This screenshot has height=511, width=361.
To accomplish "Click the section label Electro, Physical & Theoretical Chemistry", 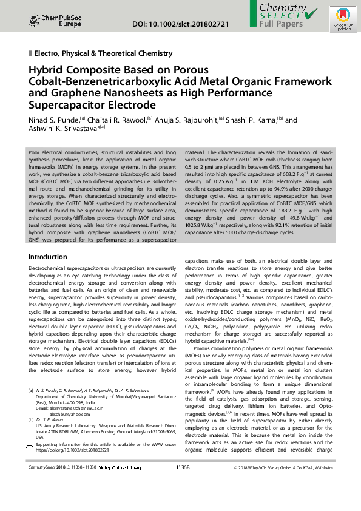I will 103,54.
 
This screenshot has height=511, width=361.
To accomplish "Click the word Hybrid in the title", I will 49,70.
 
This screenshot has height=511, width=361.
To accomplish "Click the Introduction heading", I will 48,257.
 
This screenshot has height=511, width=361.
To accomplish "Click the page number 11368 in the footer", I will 183,468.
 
